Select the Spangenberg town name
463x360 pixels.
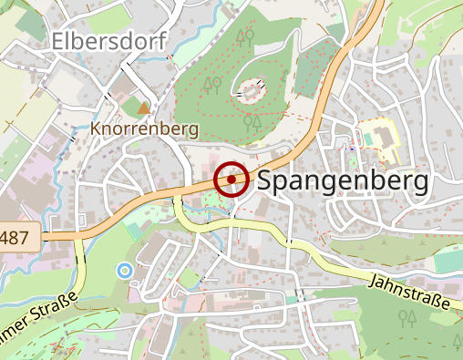(343, 181)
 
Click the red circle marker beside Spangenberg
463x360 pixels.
(231, 179)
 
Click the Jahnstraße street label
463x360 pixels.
(410, 293)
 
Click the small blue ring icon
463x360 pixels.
(124, 270)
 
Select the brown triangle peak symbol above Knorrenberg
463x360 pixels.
(141, 108)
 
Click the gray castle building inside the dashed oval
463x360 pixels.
(252, 89)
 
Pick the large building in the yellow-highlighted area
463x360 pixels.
(384, 137)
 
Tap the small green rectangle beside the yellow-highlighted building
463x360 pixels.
(368, 137)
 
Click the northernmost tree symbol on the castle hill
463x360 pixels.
(244, 36)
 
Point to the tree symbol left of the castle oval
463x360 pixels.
(212, 85)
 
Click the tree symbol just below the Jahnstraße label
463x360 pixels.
(407, 318)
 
